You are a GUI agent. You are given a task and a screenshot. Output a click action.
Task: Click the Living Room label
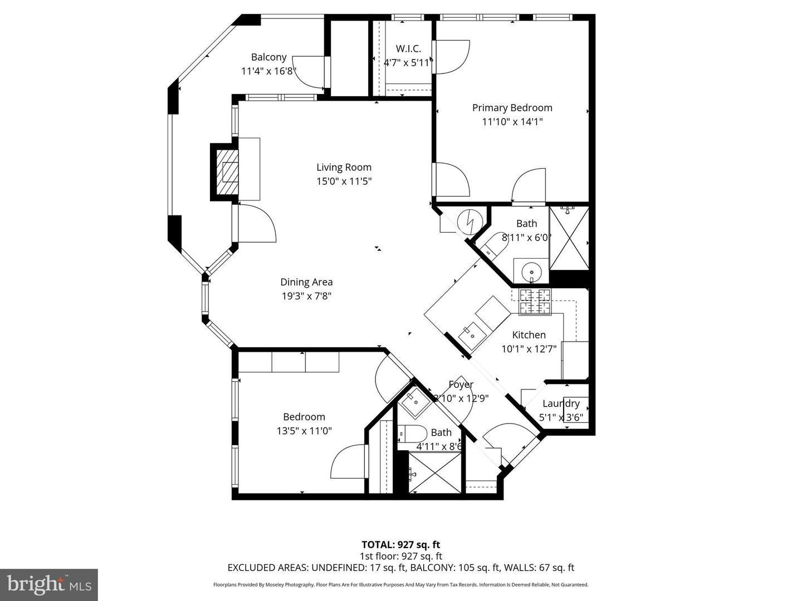[344, 167]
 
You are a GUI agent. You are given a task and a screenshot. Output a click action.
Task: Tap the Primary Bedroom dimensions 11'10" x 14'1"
[512, 121]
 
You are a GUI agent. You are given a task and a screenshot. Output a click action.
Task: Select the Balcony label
[268, 57]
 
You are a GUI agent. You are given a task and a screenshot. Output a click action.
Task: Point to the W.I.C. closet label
[408, 48]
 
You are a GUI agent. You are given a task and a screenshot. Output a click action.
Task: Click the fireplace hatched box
[228, 171]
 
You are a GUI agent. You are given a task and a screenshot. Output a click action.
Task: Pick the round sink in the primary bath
[531, 272]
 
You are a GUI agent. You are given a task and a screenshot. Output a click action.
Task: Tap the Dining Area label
[306, 282]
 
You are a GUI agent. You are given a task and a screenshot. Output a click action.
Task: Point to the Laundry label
[561, 403]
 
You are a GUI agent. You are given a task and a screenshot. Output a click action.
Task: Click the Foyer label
[461, 385]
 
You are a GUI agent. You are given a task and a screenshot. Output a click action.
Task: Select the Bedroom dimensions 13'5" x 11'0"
[304, 430]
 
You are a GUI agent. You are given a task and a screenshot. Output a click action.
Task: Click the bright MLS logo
[49, 584]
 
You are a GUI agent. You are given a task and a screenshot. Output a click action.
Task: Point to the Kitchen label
[529, 334]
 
